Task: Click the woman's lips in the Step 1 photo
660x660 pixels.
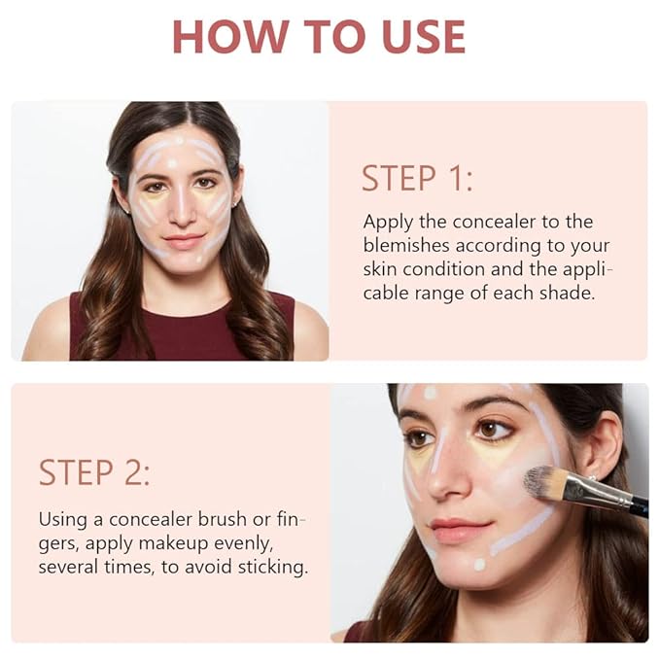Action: click(x=184, y=239)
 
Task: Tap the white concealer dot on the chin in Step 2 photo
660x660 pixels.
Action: click(x=478, y=564)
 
